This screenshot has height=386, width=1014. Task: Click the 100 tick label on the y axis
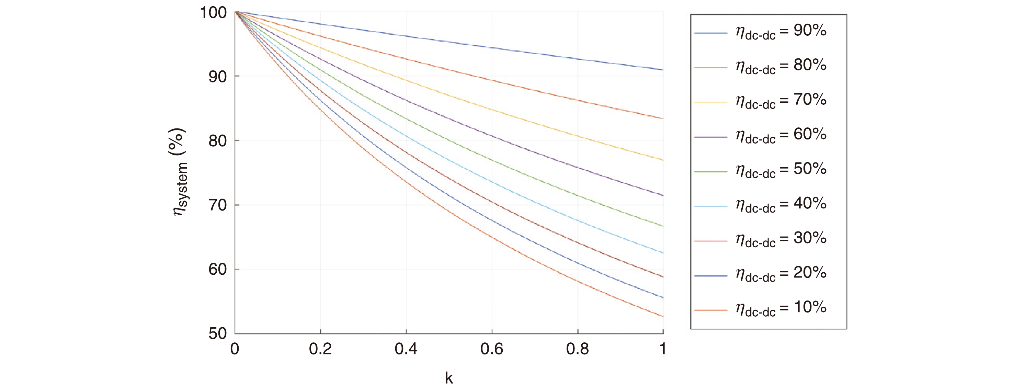coord(214,13)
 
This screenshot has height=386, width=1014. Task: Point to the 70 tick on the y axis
coord(218,205)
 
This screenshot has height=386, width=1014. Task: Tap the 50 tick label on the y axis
coord(218,334)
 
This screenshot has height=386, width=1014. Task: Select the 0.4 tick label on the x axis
coord(406,349)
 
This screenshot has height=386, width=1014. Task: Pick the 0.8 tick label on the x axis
coord(578,349)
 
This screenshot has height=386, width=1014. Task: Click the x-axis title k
coord(449,378)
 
